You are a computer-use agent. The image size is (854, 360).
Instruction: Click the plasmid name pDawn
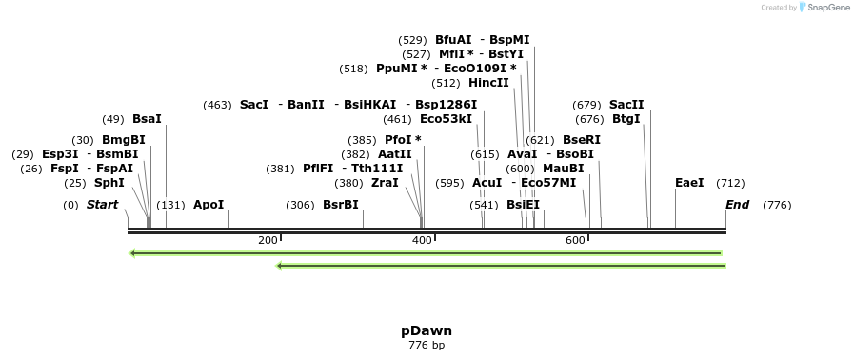pyautogui.click(x=427, y=330)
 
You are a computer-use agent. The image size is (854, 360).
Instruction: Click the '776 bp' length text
pyautogui.click(x=427, y=345)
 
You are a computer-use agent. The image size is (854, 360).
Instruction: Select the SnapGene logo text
pyautogui.click(x=828, y=8)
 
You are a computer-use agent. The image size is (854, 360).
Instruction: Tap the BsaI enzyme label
pyautogui.click(x=147, y=119)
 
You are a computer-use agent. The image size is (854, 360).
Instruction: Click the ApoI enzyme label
pyautogui.click(x=209, y=205)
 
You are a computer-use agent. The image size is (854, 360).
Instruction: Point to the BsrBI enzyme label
pyautogui.click(x=341, y=205)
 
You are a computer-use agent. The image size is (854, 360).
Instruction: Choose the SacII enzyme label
pyautogui.click(x=626, y=105)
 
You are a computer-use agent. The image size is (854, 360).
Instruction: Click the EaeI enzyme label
pyautogui.click(x=689, y=183)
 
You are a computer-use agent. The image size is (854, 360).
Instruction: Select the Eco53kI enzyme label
pyautogui.click(x=446, y=119)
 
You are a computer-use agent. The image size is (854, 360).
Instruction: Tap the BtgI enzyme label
pyautogui.click(x=626, y=119)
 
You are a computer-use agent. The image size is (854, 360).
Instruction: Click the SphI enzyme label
pyautogui.click(x=109, y=183)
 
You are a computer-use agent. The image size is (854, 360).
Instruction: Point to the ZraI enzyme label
pyautogui.click(x=385, y=183)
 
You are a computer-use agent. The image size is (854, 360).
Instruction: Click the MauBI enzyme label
pyautogui.click(x=564, y=169)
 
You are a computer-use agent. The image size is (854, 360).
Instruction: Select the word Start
pyautogui.click(x=103, y=205)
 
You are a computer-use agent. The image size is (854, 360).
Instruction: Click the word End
pyautogui.click(x=737, y=205)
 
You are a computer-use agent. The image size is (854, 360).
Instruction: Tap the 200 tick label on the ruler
pyautogui.click(x=268, y=240)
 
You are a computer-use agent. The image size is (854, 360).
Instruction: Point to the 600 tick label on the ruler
pyautogui.click(x=575, y=240)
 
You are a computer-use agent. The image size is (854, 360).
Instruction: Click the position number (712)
pyautogui.click(x=730, y=183)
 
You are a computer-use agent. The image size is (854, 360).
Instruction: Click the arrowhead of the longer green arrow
pyautogui.click(x=133, y=253)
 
